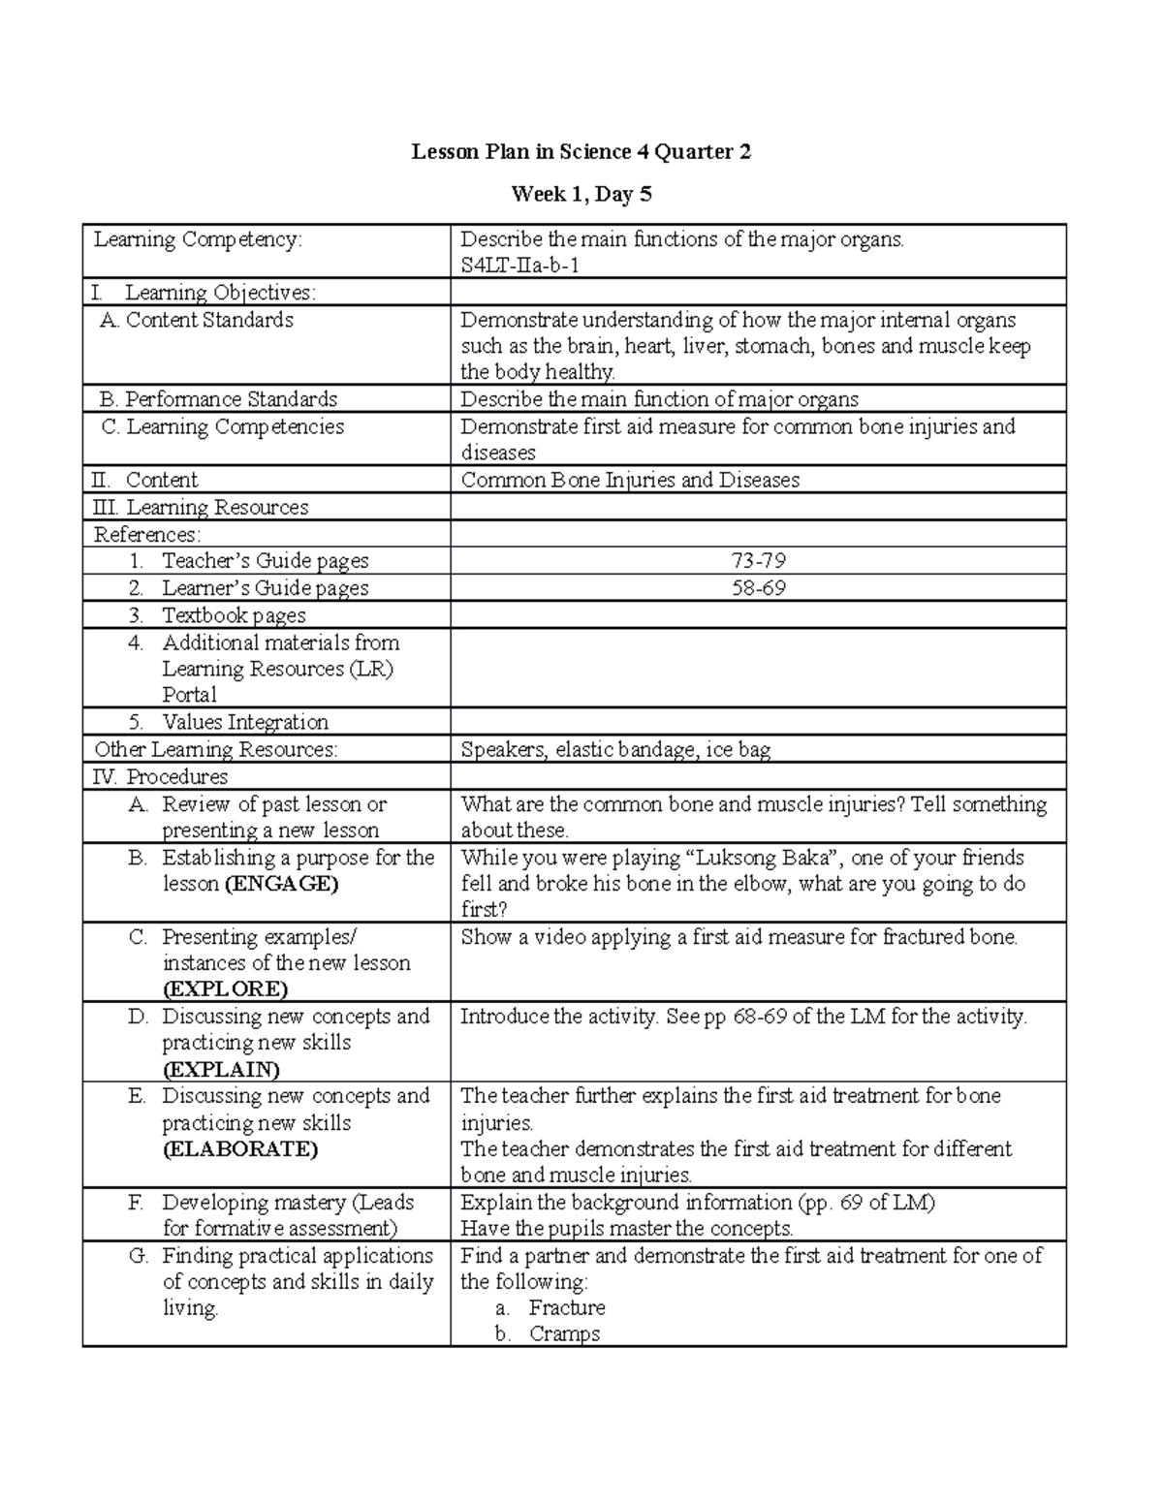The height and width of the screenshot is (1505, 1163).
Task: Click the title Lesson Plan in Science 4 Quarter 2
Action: pos(581,152)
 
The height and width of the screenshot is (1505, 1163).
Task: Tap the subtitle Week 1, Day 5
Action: pos(581,195)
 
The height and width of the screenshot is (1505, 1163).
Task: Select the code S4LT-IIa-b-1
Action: pos(519,266)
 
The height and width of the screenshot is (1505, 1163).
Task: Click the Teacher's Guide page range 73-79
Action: pos(758,561)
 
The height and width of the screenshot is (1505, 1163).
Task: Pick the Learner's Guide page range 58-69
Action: pos(758,588)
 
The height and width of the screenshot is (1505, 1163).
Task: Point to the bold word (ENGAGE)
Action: pos(281,884)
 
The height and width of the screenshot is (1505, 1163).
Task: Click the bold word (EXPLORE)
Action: pos(225,989)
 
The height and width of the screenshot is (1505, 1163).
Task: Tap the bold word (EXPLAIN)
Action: pos(221,1069)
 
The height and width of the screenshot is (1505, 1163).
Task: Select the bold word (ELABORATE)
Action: pos(239,1149)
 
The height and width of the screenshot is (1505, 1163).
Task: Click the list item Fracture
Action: pos(567,1308)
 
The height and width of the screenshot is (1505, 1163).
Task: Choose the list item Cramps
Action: pos(564,1334)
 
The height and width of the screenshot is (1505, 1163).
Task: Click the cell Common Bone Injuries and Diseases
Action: pos(630,481)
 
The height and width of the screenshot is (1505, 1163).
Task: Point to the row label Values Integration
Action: pos(245,722)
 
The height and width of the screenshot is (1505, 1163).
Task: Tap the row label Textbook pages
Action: pos(234,615)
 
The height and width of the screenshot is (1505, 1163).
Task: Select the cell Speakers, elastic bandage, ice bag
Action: pos(615,750)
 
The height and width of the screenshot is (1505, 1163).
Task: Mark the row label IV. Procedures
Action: pos(161,777)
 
